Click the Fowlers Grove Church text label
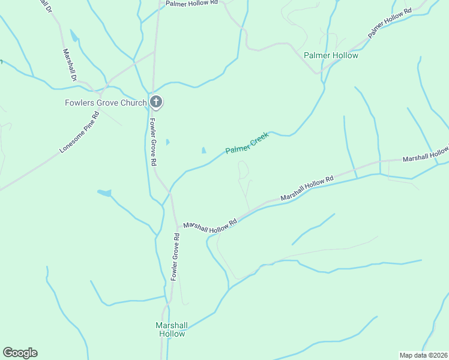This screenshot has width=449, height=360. [x=106, y=103]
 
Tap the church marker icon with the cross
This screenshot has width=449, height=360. [x=156, y=102]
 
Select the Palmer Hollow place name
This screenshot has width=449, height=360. [x=331, y=55]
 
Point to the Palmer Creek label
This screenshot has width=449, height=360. [x=247, y=143]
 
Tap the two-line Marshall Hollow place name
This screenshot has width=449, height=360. [x=172, y=329]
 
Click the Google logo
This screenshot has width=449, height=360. [x=20, y=353]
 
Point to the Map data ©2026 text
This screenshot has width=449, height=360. [x=423, y=355]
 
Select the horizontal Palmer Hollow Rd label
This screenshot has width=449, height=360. [x=191, y=3]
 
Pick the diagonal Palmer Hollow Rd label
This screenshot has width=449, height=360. [x=390, y=23]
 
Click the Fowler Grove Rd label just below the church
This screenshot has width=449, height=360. [x=153, y=142]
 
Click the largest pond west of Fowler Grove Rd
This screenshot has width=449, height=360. [x=104, y=193]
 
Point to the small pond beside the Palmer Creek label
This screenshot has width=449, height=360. [x=204, y=150]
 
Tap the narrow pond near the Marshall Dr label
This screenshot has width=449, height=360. [x=74, y=36]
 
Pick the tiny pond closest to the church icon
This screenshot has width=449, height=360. [x=167, y=142]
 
